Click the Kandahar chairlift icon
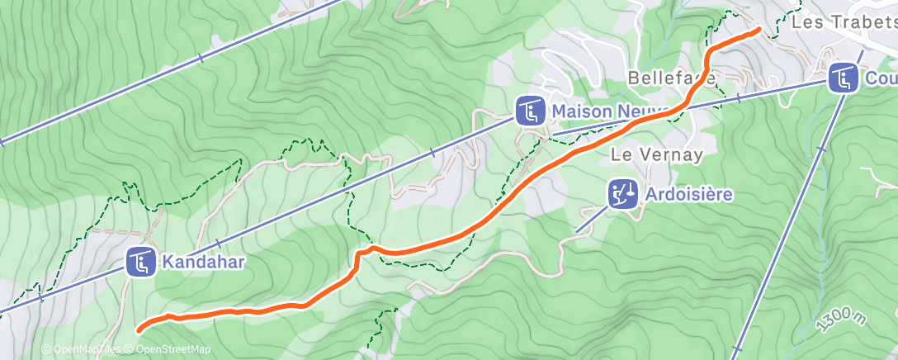click(x=140, y=263)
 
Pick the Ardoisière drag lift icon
click(x=622, y=195)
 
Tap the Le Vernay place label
click(x=657, y=154)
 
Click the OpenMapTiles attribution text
click(x=81, y=350)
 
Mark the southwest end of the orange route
click(x=138, y=329)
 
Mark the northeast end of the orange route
click(x=758, y=30)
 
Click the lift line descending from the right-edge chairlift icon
click(x=792, y=206)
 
